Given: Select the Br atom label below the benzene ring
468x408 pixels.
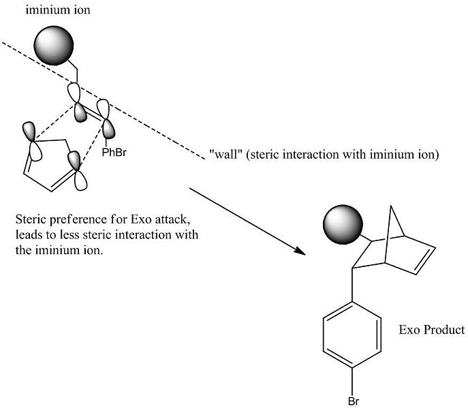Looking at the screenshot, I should (354, 400).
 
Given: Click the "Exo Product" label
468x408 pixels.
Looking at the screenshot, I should (431, 330).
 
